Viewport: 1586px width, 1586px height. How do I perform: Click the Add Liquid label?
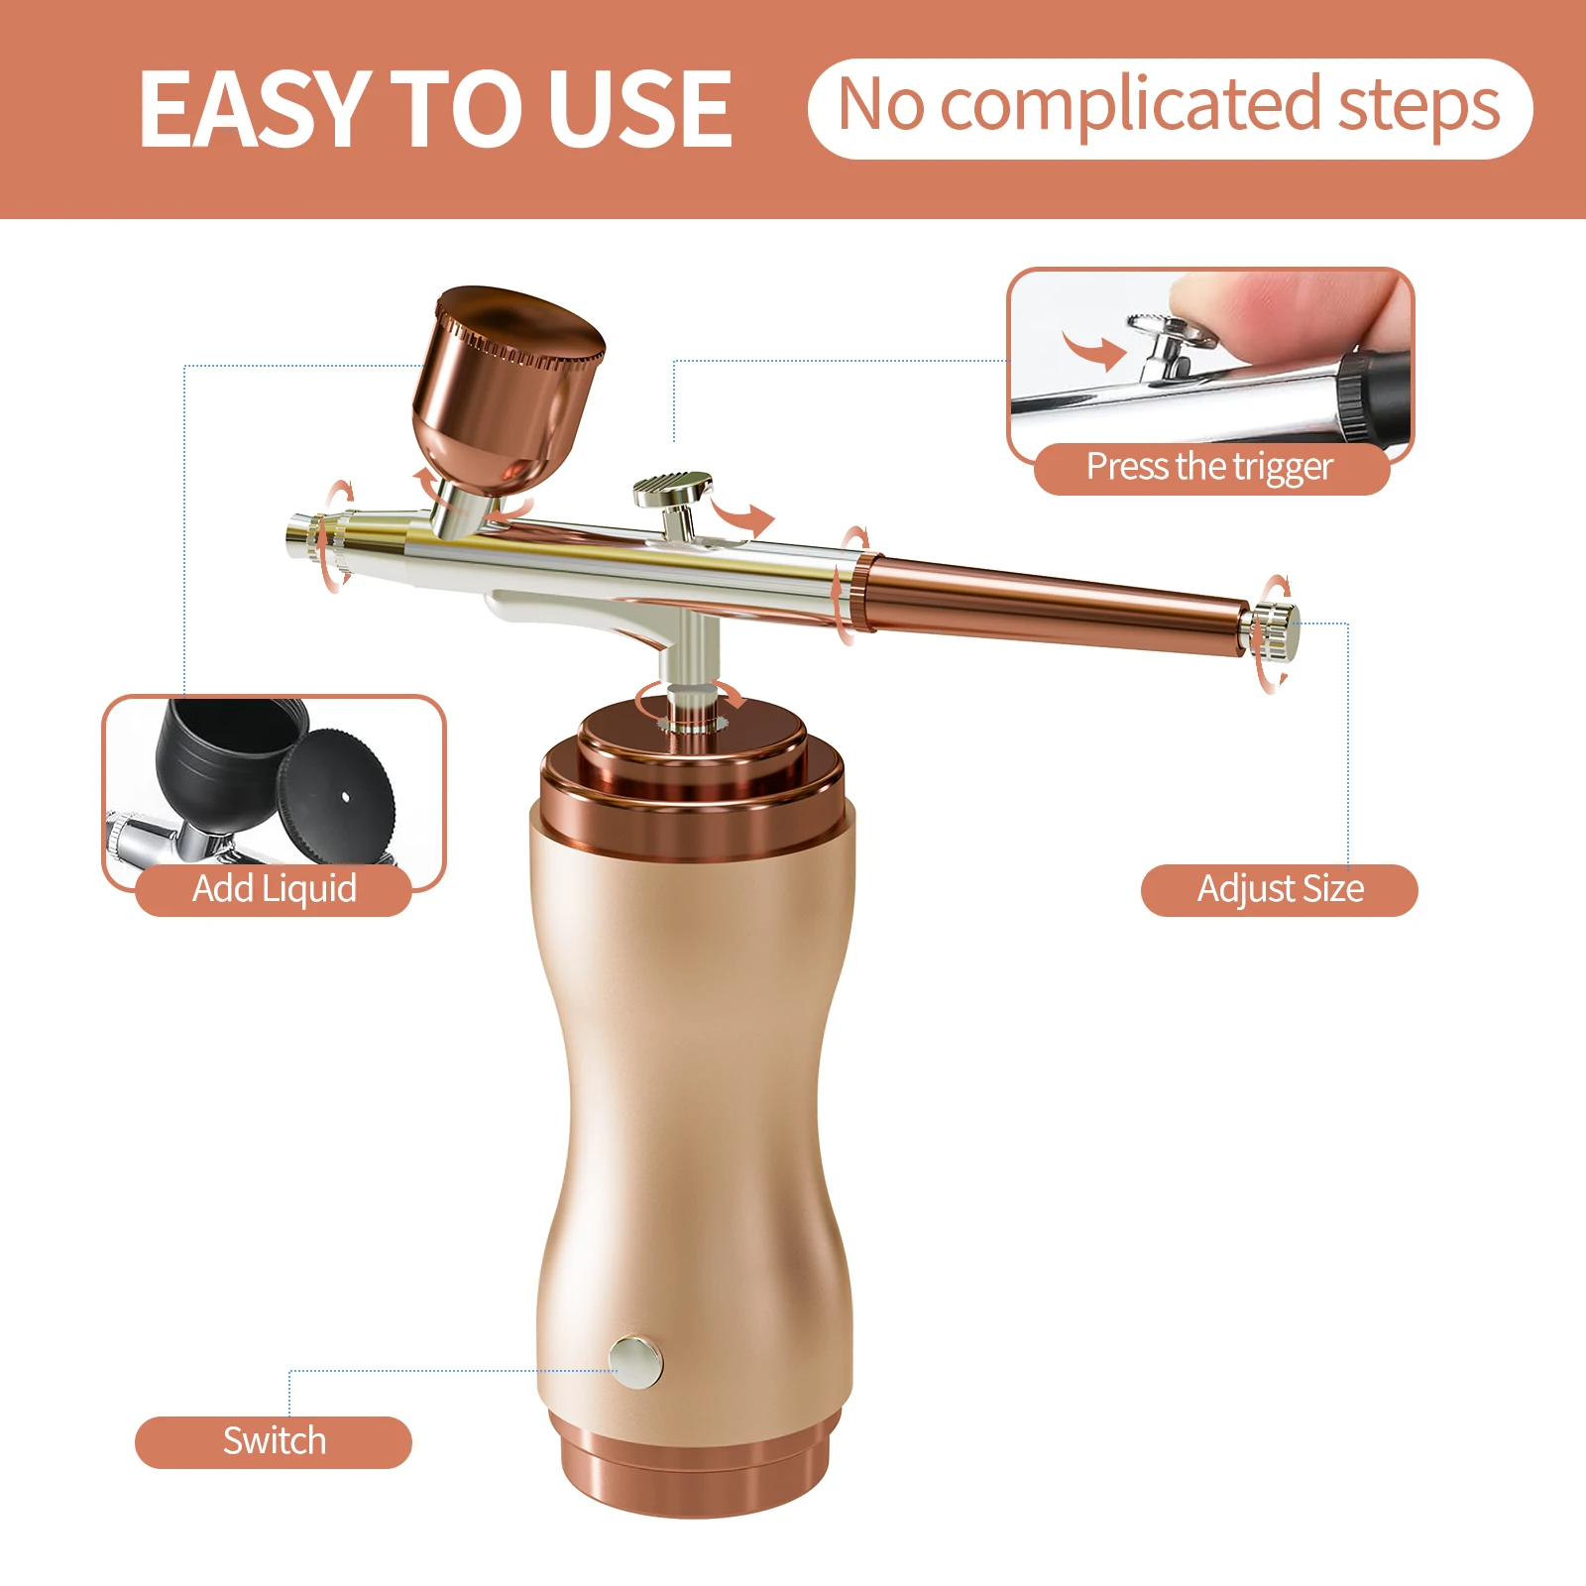click(x=274, y=889)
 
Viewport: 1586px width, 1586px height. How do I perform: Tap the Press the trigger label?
click(x=1209, y=467)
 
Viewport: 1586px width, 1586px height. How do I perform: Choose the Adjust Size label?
click(x=1280, y=889)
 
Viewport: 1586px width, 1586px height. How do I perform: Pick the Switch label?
click(x=274, y=1441)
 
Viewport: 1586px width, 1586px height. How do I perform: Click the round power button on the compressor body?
click(x=635, y=1360)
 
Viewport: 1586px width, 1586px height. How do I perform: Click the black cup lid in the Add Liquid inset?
click(x=337, y=793)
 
